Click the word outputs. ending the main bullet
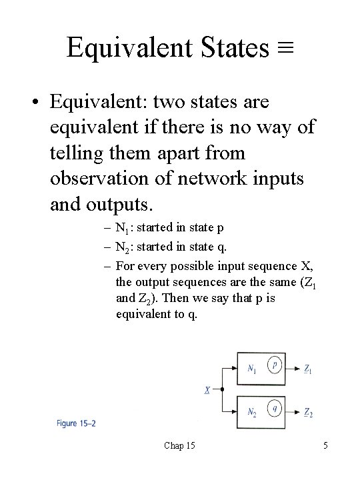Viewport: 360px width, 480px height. click(149, 205)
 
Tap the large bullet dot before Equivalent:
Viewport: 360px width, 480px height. click(33, 103)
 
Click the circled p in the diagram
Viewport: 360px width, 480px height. click(275, 365)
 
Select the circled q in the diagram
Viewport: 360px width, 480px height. click(275, 407)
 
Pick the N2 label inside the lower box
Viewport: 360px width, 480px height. click(251, 411)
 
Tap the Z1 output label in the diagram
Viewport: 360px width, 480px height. click(308, 370)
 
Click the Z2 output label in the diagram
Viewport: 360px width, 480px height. click(308, 413)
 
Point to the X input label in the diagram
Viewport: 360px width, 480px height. click(207, 391)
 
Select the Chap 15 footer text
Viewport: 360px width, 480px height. click(179, 445)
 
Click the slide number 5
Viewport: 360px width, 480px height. click(325, 445)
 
